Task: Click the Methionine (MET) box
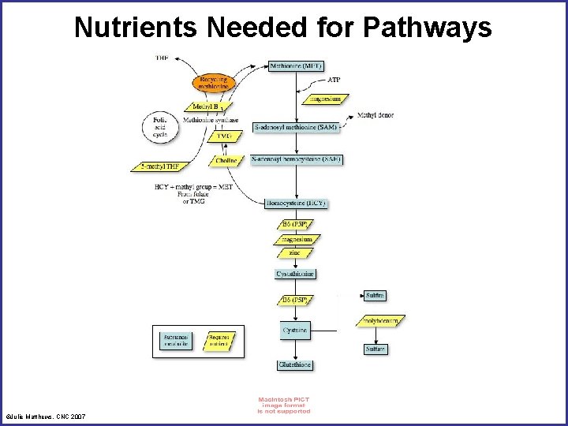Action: coord(296,65)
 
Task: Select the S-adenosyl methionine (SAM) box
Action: coord(296,127)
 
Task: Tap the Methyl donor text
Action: coord(376,115)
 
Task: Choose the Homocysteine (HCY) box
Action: coord(296,203)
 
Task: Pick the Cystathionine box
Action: coord(296,274)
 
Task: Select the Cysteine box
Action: coord(295,330)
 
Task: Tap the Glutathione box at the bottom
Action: coord(295,365)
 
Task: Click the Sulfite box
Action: coord(376,295)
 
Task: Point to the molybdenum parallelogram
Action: coord(381,321)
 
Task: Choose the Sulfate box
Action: coord(376,349)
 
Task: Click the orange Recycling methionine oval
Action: coord(214,83)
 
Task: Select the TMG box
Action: coord(225,136)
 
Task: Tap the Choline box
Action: coord(225,160)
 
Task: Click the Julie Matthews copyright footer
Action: coord(46,416)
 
